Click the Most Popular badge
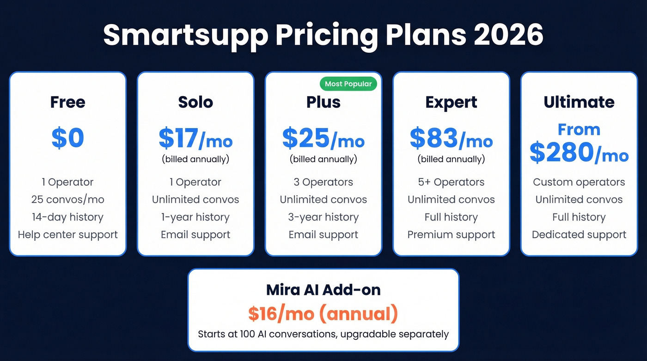click(x=348, y=84)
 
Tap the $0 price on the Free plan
click(x=67, y=137)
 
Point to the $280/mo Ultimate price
click(x=579, y=153)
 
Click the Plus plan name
click(x=323, y=102)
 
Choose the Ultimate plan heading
click(x=579, y=102)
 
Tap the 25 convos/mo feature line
click(x=68, y=200)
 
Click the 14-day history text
click(x=68, y=217)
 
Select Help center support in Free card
click(x=68, y=235)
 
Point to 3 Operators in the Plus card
click(x=323, y=182)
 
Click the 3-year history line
click(x=323, y=217)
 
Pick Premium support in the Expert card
click(x=451, y=235)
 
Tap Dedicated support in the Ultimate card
click(x=579, y=235)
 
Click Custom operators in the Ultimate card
click(x=579, y=182)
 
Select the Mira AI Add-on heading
click(x=323, y=290)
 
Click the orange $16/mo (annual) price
click(x=323, y=314)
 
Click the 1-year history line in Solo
click(x=195, y=217)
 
